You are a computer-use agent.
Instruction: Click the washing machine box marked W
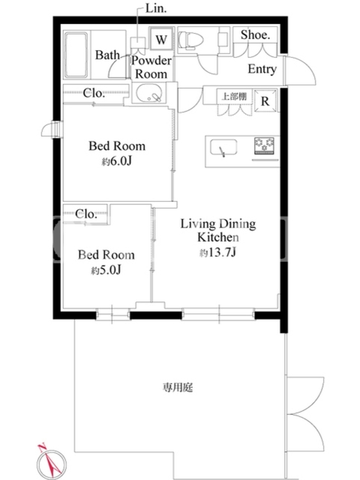161,39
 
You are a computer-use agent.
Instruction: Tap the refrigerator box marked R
265,100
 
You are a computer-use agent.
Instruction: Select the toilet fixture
191,40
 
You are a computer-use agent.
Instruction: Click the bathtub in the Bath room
76,55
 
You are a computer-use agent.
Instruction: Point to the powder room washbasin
149,93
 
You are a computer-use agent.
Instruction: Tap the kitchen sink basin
224,148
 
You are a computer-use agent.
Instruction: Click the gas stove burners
264,146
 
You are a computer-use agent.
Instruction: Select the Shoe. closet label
255,35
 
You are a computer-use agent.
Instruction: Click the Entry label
262,69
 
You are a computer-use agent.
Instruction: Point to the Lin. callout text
156,8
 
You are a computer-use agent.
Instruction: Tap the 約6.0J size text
116,161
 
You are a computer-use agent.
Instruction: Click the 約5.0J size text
106,270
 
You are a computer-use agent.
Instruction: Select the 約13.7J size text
218,252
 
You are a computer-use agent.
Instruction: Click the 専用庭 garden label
178,388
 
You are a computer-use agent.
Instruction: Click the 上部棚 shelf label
234,97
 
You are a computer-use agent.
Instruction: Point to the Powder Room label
151,67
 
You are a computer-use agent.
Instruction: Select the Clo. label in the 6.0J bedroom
94,93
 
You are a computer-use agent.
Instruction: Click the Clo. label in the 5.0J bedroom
86,214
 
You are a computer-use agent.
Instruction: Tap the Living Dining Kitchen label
218,230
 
